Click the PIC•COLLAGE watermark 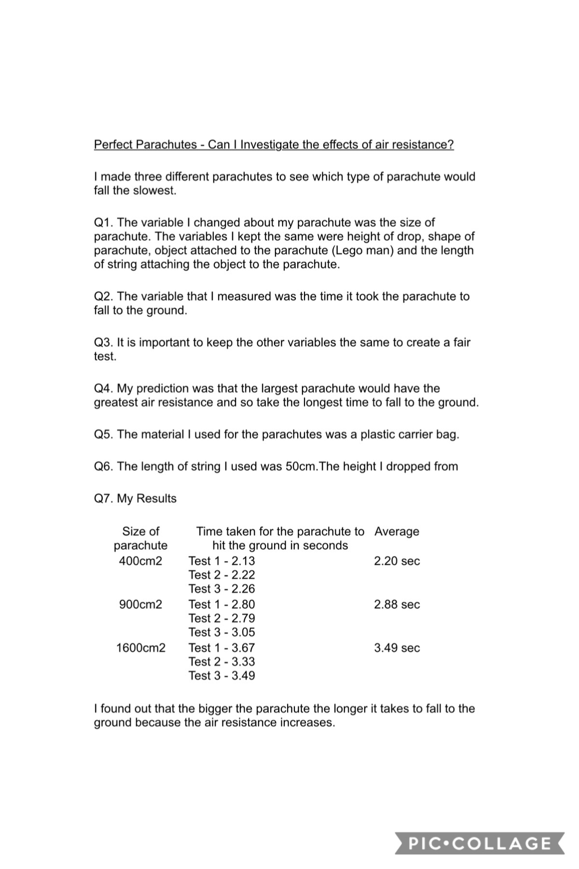tap(480, 843)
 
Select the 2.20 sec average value tap(397, 561)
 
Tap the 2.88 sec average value tap(397, 604)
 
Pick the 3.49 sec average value tap(397, 648)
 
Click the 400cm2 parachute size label tap(140, 561)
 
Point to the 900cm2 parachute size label tap(140, 604)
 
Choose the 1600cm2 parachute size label tap(140, 648)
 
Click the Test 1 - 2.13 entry tap(221, 561)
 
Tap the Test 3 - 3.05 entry tap(221, 632)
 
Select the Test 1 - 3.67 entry tap(221, 648)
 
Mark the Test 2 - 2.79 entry tap(221, 618)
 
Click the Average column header tap(397, 532)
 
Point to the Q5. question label tap(104, 434)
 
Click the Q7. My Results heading tap(135, 499)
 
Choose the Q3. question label tap(104, 343)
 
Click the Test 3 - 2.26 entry tap(221, 589)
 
